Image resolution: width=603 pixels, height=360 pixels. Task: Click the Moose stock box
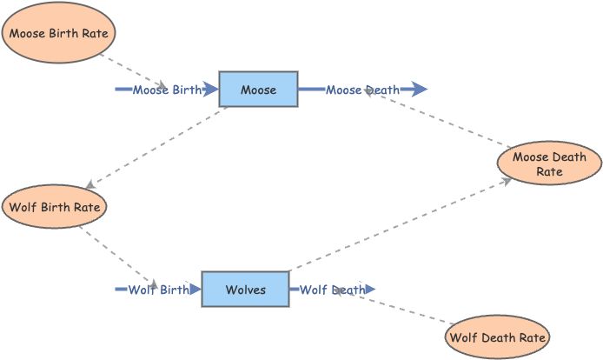[258, 90]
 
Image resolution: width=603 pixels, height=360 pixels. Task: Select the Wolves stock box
[245, 290]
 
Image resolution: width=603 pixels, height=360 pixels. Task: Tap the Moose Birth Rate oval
[60, 34]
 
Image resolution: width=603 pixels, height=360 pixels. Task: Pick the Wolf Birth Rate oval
[56, 208]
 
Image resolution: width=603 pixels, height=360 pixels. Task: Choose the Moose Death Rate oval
[548, 164]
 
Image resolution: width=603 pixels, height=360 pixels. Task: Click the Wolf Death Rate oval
[497, 337]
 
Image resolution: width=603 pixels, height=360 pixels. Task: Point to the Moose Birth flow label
[167, 90]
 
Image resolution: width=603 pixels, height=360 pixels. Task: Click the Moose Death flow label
[362, 90]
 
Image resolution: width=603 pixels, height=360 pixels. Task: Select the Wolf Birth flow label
[158, 290]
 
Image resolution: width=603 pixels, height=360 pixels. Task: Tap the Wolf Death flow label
[332, 290]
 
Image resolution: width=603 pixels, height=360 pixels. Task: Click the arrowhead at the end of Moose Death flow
[420, 90]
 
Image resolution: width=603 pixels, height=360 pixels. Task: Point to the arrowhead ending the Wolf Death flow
[369, 290]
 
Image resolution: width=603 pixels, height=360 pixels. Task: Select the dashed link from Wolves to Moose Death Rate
[400, 225]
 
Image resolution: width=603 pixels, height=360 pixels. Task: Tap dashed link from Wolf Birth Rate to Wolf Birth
[117, 256]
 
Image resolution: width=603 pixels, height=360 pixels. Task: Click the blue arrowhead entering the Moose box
[210, 90]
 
